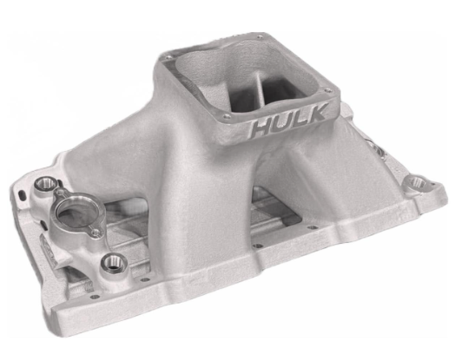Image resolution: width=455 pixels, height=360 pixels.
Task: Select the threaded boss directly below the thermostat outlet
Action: pos(110,263)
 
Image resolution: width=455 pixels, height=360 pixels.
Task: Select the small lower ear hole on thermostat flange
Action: pos(92,232)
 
